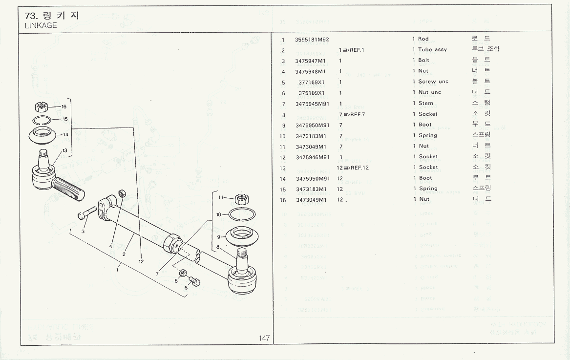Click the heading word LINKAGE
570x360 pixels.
pos(41,25)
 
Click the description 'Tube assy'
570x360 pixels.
pos(432,50)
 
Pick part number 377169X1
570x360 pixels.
pos(311,82)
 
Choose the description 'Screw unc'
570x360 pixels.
pos(433,82)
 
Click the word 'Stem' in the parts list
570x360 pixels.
pos(425,103)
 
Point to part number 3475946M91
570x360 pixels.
pos(313,157)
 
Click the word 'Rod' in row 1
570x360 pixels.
pos(423,39)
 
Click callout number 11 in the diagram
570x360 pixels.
pos(220,197)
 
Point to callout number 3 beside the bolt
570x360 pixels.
pos(83,231)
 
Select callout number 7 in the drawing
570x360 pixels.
pos(157,274)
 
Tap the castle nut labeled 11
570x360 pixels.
pos(240,199)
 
